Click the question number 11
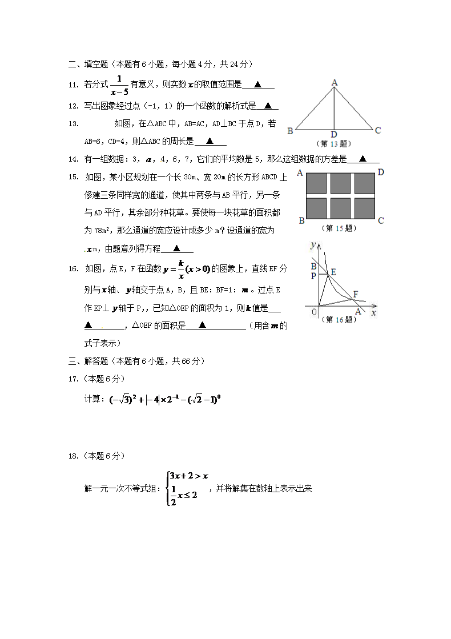pos(73,85)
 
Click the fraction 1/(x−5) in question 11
pos(119,84)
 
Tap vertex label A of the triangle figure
pos(335,83)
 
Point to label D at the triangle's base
pos(334,134)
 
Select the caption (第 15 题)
pos(340,228)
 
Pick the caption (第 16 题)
pos(340,320)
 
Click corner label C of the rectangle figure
pos(380,220)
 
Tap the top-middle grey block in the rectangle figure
pos(341,183)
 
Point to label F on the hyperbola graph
pos(356,294)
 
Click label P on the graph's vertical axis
pos(313,275)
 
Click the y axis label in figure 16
pos(313,245)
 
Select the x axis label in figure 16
pos(374,312)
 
